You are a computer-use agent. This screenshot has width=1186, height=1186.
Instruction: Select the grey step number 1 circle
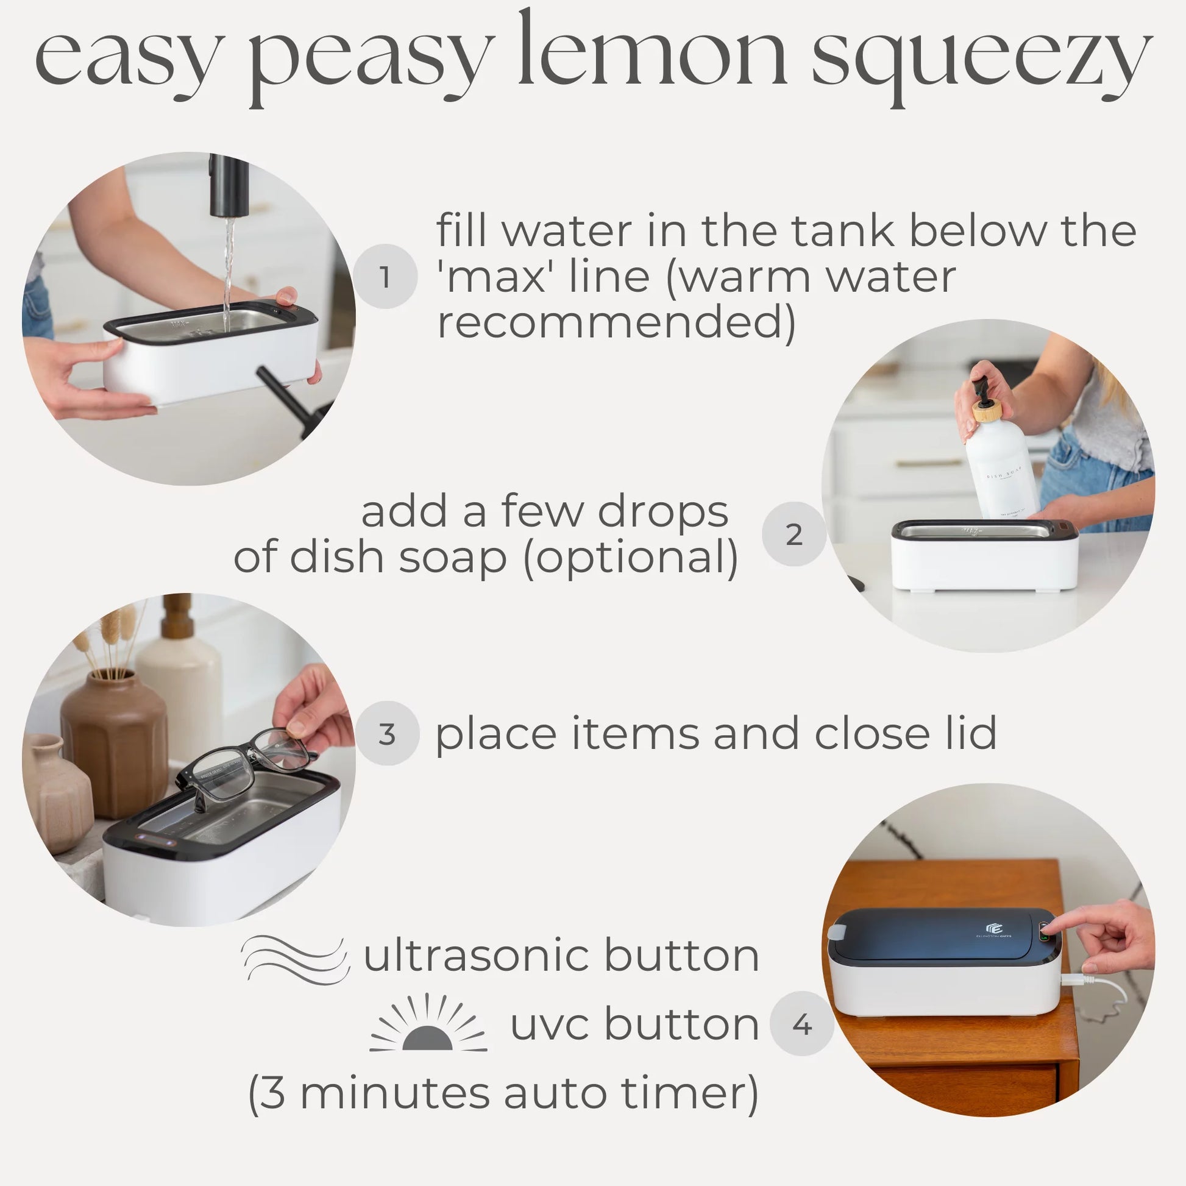pos(385,276)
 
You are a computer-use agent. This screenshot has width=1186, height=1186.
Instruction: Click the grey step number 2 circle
pos(794,534)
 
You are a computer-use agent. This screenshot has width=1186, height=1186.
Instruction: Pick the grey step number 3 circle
pos(387,733)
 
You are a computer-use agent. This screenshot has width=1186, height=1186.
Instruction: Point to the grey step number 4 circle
pos(801,1023)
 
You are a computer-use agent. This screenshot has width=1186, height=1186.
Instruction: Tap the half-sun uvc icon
pos(428,1024)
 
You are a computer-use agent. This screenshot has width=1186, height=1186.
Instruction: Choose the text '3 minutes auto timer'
pos(503,1094)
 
